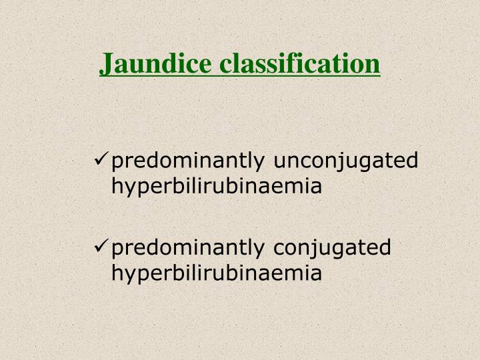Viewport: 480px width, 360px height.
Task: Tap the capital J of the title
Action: [x=106, y=64]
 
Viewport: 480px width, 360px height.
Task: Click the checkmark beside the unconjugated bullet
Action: [x=103, y=160]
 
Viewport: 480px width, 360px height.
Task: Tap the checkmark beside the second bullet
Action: [x=103, y=247]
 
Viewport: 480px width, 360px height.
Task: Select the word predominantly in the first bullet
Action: [x=191, y=161]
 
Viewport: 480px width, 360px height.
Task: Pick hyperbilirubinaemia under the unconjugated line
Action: [x=217, y=187]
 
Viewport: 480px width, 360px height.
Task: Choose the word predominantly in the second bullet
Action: [x=191, y=249]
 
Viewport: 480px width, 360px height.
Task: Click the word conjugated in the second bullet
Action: [x=333, y=249]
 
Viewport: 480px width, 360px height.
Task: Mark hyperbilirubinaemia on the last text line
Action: [x=217, y=274]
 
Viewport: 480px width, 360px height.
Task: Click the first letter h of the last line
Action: [x=117, y=273]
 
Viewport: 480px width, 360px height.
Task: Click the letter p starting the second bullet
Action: [x=117, y=250]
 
